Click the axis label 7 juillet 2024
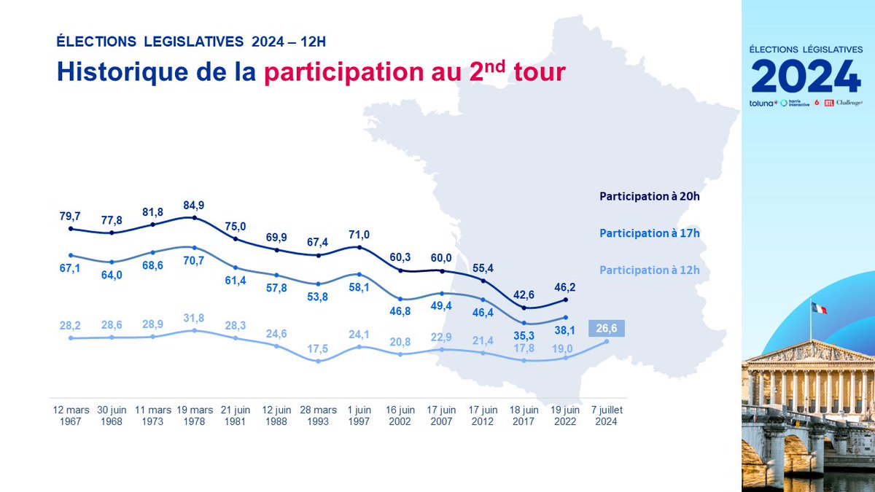(607, 415)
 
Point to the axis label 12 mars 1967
(71, 415)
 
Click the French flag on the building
(819, 308)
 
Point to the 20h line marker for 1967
(71, 228)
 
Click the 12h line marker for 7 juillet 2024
(607, 341)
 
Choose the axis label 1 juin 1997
(359, 415)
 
